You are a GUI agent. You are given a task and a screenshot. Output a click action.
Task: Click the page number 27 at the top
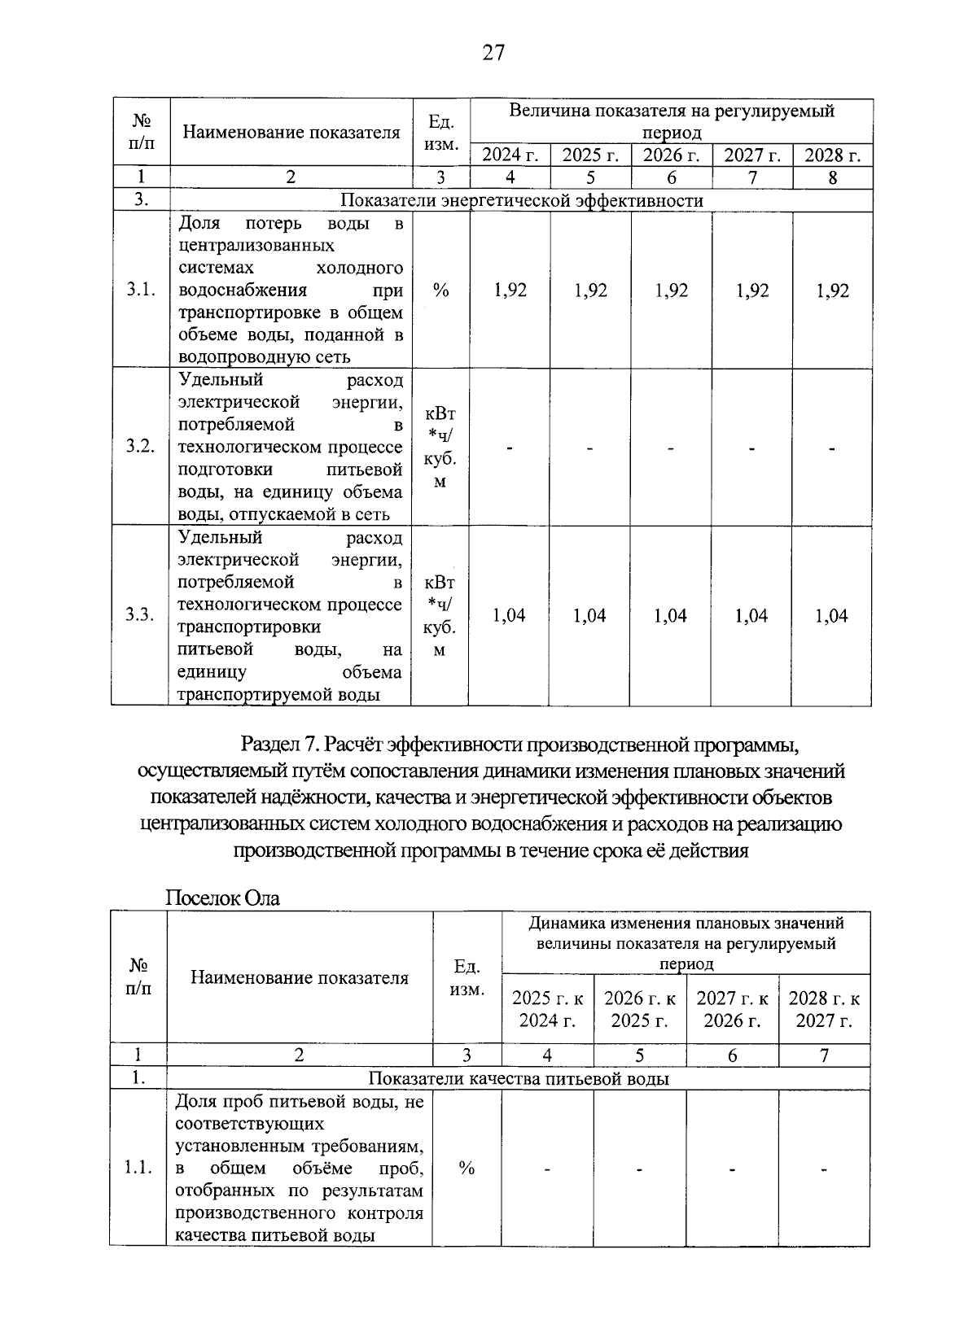tap(494, 54)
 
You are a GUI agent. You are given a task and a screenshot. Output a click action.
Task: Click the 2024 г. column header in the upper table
tap(510, 155)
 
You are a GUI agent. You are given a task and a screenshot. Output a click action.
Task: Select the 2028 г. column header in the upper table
tap(832, 155)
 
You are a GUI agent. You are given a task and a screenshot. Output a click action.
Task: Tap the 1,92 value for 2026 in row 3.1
tap(671, 291)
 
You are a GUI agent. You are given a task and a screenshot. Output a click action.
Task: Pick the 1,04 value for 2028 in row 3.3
tap(831, 616)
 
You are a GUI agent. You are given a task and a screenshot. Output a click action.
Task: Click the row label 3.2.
tap(140, 447)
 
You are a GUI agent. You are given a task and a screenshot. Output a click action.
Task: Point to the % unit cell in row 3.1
tap(441, 291)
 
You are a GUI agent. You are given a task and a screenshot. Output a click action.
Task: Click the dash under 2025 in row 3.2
tap(590, 448)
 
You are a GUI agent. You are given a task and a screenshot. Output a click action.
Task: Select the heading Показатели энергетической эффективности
tap(521, 200)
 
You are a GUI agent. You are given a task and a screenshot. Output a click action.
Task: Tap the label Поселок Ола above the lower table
tap(222, 898)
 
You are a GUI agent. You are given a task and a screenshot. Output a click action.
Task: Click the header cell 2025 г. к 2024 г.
tap(547, 1009)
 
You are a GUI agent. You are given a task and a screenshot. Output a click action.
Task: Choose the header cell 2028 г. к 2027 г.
tap(824, 1009)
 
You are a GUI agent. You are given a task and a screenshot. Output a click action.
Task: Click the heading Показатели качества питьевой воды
tap(519, 1079)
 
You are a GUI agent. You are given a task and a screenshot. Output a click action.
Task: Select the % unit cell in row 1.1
tap(467, 1169)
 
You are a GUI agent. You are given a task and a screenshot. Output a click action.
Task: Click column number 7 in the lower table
tap(824, 1055)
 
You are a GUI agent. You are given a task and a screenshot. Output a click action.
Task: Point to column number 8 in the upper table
tap(832, 177)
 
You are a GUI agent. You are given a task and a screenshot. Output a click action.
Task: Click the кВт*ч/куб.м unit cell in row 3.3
tap(440, 616)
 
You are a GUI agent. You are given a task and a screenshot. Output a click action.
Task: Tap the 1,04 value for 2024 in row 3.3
tap(510, 616)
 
